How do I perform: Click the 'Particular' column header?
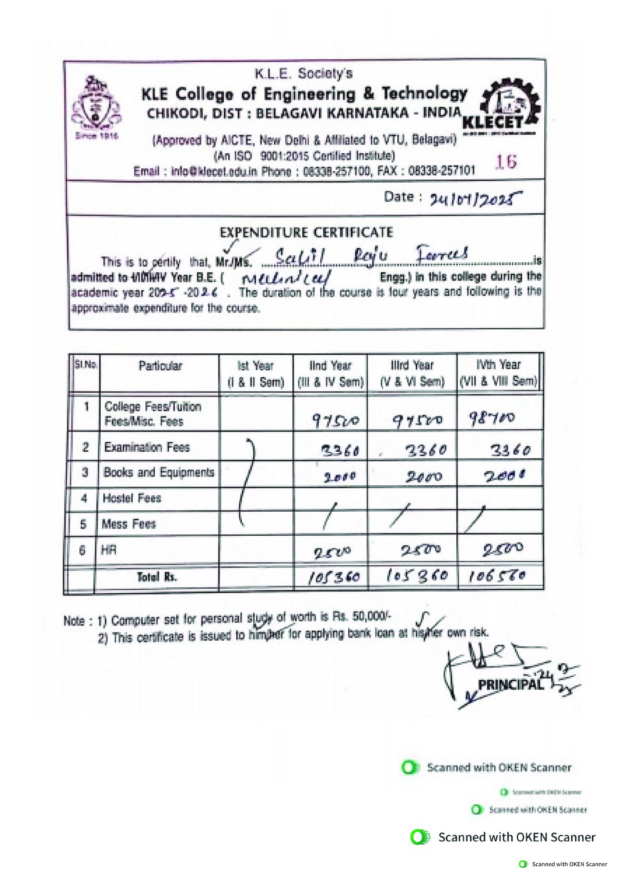point(160,366)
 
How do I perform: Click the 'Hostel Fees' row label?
point(132,498)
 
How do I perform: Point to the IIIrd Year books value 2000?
point(424,476)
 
